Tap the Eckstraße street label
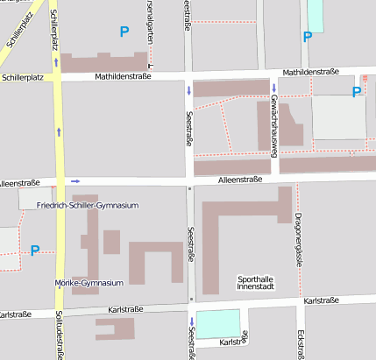tap(301, 344)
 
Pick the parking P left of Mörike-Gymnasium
tap(35, 251)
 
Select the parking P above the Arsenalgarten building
tap(124, 32)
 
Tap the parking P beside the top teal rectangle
tap(307, 37)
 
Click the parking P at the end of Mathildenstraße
tap(356, 92)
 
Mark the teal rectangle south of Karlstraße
tap(216, 324)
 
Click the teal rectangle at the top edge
tap(316, 16)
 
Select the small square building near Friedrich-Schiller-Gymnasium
tap(111, 242)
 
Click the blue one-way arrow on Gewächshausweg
tap(274, 88)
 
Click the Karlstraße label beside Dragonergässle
tap(322, 300)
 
